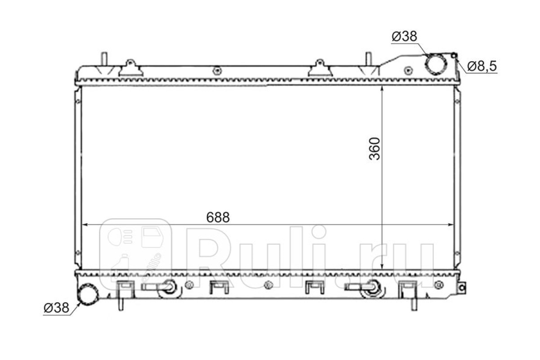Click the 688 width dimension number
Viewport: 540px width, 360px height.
point(218,217)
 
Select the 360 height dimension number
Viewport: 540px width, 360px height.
point(375,149)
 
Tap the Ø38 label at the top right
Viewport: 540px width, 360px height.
point(405,36)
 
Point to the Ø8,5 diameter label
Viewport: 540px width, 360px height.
point(481,66)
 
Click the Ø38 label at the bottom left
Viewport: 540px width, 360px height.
point(56,308)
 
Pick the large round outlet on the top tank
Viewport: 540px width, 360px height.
point(435,63)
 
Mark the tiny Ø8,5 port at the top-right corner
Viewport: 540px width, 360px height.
point(454,55)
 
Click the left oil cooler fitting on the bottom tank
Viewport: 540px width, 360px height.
point(168,286)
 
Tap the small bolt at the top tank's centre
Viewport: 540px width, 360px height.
point(217,70)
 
